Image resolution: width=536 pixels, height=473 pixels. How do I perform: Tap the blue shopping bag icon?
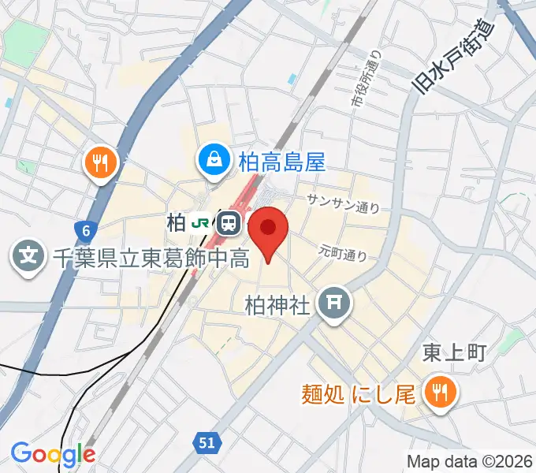click(x=213, y=161)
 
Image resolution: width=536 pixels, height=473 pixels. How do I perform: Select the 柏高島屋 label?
click(x=281, y=162)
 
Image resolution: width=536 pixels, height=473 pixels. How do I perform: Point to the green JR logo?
click(x=201, y=223)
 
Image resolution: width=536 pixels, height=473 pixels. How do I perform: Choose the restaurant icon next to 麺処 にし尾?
click(x=436, y=392)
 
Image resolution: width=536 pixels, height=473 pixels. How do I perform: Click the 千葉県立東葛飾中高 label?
click(x=151, y=256)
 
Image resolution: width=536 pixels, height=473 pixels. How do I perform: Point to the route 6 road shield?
click(x=85, y=231)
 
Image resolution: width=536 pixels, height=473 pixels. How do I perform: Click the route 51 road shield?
click(x=207, y=445)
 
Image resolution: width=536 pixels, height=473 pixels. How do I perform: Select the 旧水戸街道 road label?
click(x=452, y=58)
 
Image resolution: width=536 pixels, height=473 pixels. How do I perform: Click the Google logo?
click(x=53, y=453)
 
